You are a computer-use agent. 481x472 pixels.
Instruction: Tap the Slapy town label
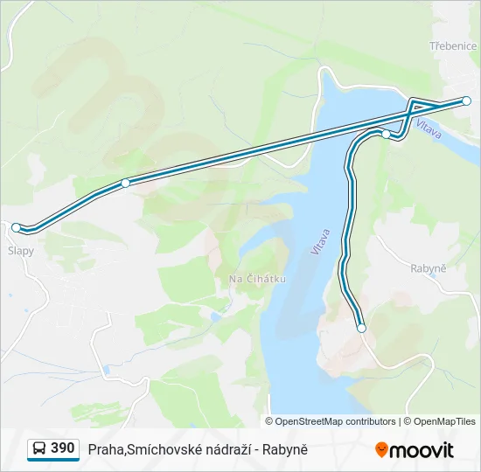[21, 251]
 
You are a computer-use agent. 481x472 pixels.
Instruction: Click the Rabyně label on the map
[429, 268]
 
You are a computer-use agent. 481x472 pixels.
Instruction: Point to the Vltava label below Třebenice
[429, 128]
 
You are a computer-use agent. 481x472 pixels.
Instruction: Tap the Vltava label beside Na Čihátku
[321, 241]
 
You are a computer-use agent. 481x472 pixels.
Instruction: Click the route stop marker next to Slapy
[17, 227]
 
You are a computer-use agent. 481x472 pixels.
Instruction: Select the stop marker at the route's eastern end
[467, 101]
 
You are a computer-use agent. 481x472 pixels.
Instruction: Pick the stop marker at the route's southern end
[361, 328]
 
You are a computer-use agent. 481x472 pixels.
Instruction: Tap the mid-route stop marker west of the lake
[126, 183]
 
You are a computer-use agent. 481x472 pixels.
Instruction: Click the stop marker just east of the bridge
[386, 134]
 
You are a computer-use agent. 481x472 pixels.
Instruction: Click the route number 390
[63, 448]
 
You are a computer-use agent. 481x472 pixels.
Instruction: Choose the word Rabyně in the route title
[288, 449]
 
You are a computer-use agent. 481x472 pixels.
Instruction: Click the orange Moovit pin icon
[381, 449]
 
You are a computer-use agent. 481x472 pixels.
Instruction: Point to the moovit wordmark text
[422, 450]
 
